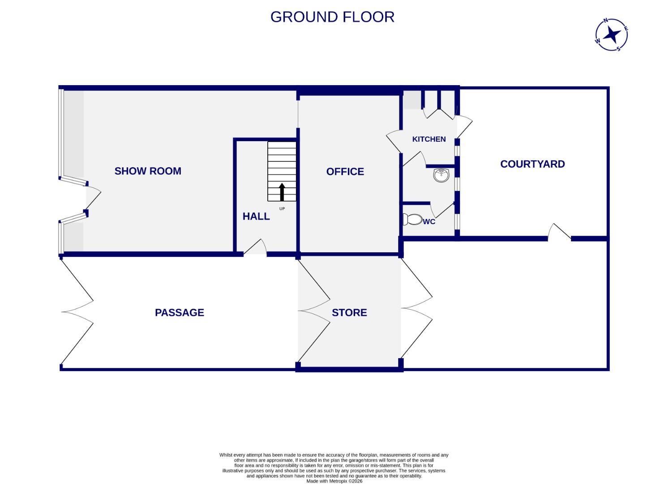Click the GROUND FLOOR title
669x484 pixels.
[332, 17]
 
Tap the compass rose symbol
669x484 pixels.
[611, 35]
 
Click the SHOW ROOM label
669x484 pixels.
[148, 171]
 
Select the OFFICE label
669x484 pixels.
[345, 171]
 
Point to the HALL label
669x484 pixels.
[256, 216]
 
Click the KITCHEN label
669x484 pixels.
[429, 139]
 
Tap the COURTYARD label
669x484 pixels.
[532, 164]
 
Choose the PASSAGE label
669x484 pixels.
[179, 312]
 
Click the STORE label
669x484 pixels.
[349, 312]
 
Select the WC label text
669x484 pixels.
[429, 222]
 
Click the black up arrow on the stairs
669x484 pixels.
[282, 191]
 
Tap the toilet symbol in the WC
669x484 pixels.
[412, 220]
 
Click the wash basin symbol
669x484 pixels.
[441, 175]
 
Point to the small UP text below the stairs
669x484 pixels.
[282, 209]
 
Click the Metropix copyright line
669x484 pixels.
[334, 481]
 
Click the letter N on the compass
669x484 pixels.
[605, 21]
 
